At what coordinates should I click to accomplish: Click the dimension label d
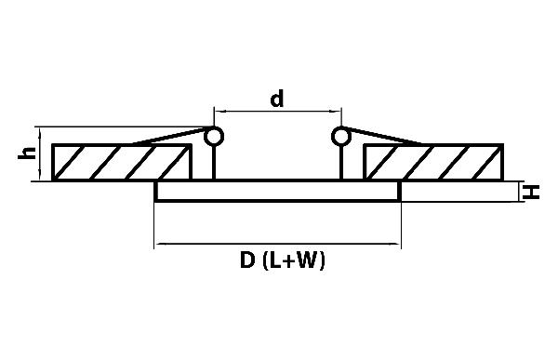click(277, 99)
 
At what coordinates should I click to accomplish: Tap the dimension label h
click(27, 153)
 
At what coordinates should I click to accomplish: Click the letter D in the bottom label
click(247, 260)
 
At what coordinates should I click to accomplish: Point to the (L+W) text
click(294, 260)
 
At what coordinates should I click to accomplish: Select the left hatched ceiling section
click(122, 162)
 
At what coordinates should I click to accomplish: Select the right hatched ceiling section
click(433, 162)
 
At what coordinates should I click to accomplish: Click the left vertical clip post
click(214, 163)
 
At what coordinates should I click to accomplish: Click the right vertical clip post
click(341, 163)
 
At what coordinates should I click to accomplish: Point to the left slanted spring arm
click(170, 137)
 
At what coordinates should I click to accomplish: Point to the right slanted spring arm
click(385, 136)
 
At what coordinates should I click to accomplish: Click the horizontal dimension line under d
click(277, 112)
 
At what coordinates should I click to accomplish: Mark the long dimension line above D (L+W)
click(277, 244)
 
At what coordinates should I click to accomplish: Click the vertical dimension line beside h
click(40, 153)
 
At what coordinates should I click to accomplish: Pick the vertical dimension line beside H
click(520, 192)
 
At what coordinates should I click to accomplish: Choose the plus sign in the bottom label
click(290, 261)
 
